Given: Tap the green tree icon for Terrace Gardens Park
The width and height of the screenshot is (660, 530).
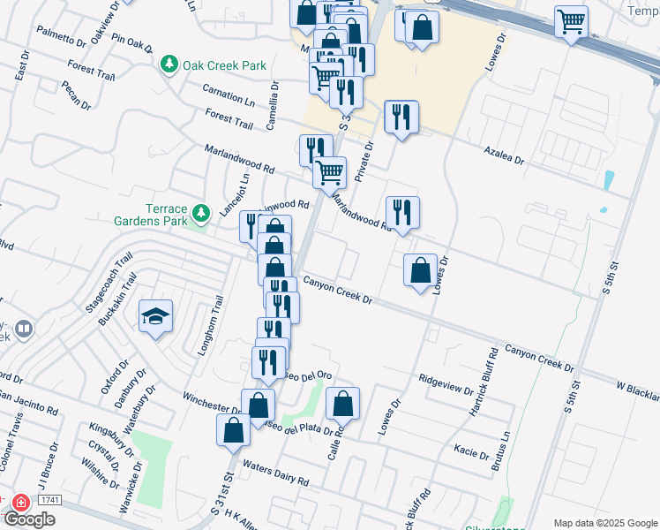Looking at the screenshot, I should (202, 213).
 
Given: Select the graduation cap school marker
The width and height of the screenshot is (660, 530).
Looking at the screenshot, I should (156, 316).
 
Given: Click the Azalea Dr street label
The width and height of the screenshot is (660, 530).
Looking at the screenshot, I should (504, 156).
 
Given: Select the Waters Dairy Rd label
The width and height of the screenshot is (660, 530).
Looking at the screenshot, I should (275, 474).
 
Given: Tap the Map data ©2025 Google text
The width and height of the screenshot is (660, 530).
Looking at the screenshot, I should (604, 523).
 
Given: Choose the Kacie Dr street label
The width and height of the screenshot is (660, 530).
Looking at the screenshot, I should (473, 453).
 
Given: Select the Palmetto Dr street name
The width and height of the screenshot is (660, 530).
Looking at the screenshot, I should (62, 36).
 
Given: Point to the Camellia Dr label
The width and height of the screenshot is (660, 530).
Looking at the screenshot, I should (274, 105).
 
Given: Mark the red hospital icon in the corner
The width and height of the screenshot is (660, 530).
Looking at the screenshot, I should (20, 502).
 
